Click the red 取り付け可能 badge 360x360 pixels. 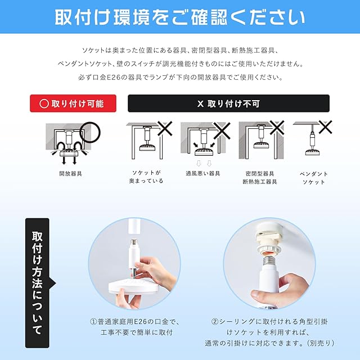click(73, 103)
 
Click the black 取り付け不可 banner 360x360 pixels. click(228, 103)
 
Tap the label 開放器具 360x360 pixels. click(70, 174)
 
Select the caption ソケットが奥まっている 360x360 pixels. click(146, 177)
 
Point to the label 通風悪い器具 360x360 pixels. click(203, 174)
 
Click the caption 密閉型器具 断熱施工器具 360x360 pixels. click(260, 178)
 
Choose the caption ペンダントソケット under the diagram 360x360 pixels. click(314, 178)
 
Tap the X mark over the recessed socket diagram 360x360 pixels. click(165, 128)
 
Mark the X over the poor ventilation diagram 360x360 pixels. click(222, 130)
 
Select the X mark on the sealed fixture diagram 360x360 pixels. click(277, 128)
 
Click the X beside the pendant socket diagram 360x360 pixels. click(325, 127)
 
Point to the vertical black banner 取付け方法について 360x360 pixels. click(37, 283)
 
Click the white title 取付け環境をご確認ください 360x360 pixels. click(180, 17)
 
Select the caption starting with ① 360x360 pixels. click(135, 327)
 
